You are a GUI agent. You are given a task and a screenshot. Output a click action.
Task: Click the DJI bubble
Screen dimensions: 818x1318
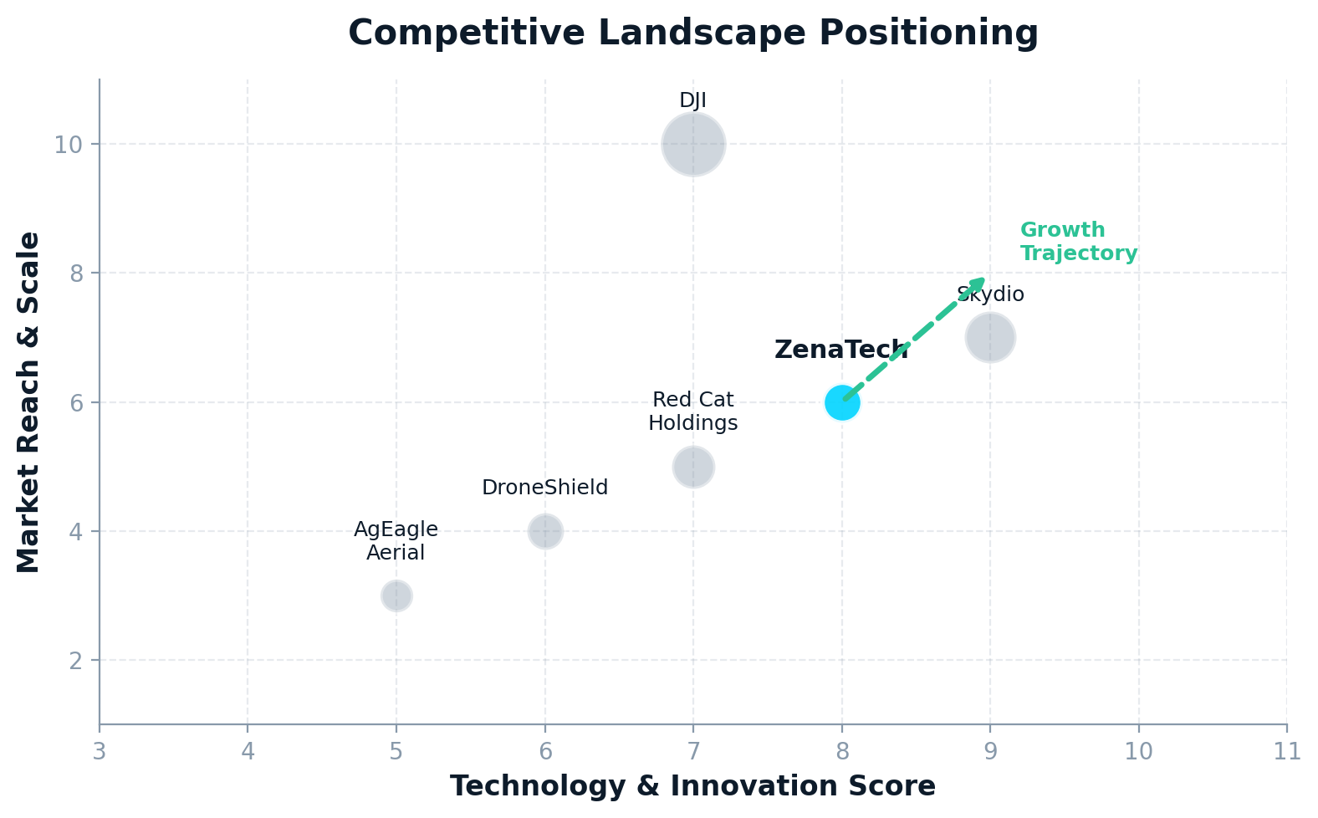(693, 145)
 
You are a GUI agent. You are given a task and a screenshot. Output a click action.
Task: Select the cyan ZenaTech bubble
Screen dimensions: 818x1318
(840, 403)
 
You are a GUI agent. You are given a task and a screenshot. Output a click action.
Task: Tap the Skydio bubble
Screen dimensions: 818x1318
(990, 338)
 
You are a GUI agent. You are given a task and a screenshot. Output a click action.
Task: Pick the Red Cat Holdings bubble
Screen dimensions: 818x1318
(693, 467)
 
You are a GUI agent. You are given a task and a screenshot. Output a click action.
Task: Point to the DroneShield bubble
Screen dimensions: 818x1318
(545, 531)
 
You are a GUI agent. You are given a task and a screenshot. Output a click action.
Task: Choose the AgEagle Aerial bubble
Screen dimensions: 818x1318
(396, 596)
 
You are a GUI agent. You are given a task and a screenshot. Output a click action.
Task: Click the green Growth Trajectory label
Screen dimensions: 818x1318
(1079, 242)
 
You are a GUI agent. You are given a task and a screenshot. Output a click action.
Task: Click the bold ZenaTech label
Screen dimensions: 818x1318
(840, 350)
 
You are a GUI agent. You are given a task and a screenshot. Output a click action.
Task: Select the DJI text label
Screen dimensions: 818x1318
(693, 101)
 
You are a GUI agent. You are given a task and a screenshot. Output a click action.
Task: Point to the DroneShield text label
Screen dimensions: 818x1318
(545, 488)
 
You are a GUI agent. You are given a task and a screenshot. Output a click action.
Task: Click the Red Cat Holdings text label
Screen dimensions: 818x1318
(693, 412)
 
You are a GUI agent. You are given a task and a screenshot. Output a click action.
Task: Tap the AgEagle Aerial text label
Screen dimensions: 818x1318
(396, 541)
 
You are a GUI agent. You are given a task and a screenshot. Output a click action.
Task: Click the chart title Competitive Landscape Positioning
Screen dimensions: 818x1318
(693, 33)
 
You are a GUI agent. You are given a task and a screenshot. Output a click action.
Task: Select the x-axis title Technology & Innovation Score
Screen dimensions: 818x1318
(693, 786)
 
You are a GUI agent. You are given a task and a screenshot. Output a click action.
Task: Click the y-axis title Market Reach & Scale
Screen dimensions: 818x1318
(29, 402)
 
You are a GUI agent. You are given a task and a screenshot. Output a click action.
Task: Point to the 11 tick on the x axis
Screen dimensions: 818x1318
(1287, 751)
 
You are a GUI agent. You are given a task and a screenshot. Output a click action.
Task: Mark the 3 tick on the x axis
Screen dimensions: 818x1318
(100, 751)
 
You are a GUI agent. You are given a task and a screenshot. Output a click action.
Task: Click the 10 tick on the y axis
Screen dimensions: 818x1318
(68, 145)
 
